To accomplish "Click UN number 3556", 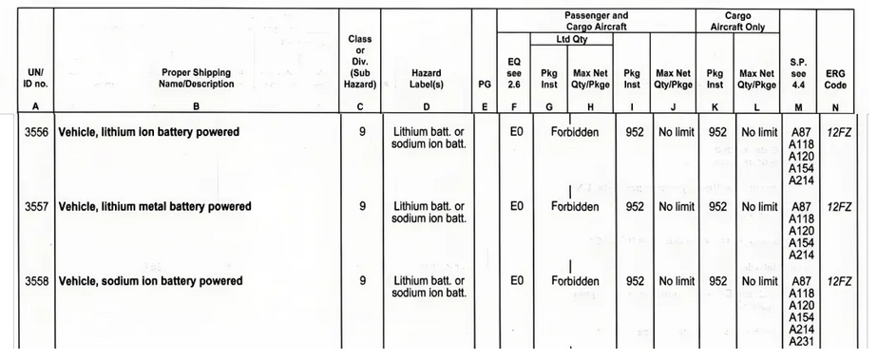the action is (x=36, y=132).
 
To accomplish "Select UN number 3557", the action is (x=36, y=207).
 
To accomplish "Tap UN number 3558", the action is (x=36, y=281).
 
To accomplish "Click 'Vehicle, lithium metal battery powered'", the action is (x=155, y=207).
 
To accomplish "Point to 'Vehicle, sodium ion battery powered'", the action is (x=150, y=281).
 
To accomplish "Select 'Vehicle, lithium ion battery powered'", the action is (x=149, y=132).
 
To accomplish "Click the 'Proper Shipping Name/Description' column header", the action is (x=196, y=78).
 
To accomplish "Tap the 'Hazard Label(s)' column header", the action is (x=427, y=78).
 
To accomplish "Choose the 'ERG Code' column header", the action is (x=835, y=79).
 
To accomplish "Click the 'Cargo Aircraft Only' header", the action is (x=737, y=21).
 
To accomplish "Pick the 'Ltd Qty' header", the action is (x=571, y=39).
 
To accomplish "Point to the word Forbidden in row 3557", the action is (x=575, y=207).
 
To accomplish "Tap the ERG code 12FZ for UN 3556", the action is (x=838, y=132).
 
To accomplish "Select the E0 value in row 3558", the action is (x=517, y=281).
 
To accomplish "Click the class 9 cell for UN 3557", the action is (x=362, y=207).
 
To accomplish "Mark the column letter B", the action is (x=196, y=106).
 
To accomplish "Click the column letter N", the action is (x=835, y=106).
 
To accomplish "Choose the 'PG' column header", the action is (x=485, y=85).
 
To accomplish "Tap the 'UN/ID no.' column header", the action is (x=36, y=79).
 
